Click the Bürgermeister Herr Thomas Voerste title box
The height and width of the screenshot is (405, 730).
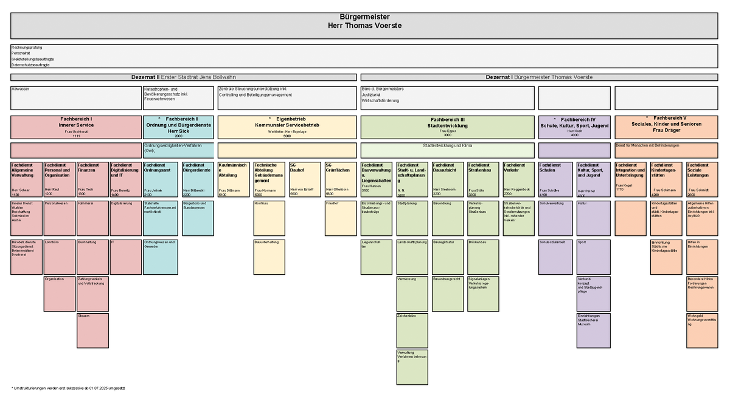click(366, 26)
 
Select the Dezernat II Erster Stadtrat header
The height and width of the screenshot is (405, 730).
click(183, 77)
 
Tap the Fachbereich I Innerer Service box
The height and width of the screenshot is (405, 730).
click(76, 127)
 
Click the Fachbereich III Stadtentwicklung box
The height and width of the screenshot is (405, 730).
click(447, 127)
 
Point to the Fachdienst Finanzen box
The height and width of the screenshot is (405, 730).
click(92, 179)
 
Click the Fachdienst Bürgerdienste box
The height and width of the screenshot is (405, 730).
click(198, 179)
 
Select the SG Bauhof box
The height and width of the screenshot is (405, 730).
click(305, 179)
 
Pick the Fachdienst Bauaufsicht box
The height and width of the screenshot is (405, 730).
click(447, 179)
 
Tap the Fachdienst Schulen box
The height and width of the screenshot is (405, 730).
click(555, 179)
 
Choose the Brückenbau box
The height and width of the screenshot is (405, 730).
click(483, 256)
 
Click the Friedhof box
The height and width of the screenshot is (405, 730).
click(341, 218)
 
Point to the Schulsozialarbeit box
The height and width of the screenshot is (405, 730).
click(555, 256)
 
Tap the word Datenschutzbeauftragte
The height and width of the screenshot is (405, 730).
click(31, 65)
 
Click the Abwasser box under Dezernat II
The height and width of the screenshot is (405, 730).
click(76, 98)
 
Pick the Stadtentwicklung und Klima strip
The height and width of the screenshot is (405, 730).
click(447, 150)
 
